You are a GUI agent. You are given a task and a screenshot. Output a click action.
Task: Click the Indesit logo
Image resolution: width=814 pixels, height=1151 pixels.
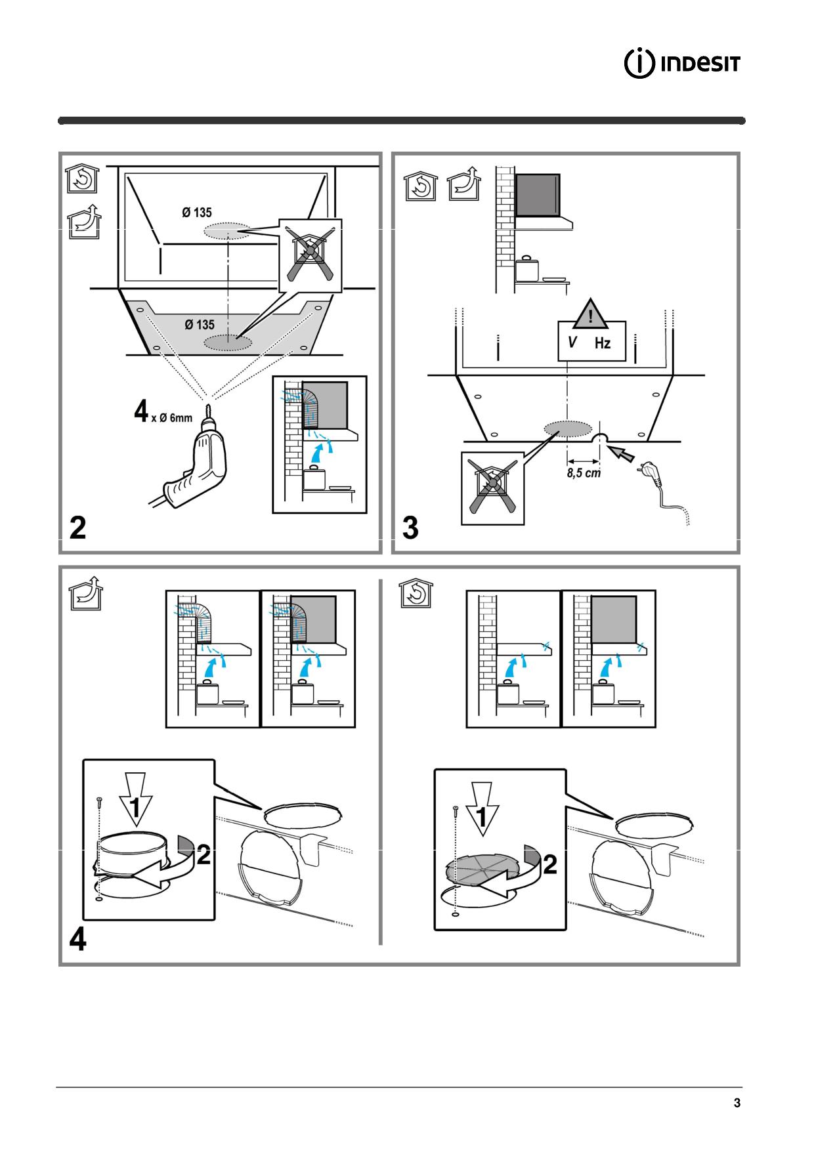click(x=683, y=64)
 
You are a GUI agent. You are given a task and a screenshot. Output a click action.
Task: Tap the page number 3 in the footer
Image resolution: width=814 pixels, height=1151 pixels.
click(x=737, y=1103)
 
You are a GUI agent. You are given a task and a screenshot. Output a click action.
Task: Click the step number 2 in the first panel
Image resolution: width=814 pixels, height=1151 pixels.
click(x=77, y=528)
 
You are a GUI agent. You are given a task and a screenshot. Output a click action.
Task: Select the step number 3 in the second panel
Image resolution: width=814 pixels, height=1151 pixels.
click(x=410, y=528)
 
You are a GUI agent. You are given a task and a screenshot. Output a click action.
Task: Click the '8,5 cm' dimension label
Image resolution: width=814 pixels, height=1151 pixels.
click(x=584, y=472)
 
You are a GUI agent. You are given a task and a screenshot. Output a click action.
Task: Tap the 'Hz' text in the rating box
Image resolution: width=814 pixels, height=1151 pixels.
click(x=603, y=343)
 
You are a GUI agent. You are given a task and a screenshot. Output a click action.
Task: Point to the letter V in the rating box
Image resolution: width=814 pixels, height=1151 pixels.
click(x=572, y=342)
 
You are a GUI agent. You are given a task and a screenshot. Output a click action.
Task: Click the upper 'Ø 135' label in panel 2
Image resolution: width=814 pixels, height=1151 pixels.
click(x=196, y=213)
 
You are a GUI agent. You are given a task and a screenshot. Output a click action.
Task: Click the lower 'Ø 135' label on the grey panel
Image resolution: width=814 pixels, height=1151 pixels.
click(x=199, y=325)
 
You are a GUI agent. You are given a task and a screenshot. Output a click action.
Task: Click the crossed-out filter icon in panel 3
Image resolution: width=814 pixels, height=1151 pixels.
click(x=492, y=488)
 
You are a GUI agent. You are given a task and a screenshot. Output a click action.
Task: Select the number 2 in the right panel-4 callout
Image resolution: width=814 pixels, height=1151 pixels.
click(x=550, y=864)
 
